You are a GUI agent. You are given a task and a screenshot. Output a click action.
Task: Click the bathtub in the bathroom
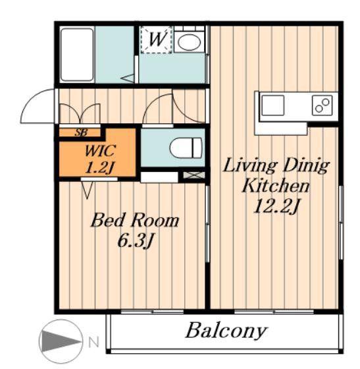[77, 55]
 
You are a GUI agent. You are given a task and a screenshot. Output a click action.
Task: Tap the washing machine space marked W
[157, 40]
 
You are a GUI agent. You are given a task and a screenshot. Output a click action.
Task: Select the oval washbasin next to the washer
[190, 42]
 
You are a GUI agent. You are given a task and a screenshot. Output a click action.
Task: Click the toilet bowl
[186, 148]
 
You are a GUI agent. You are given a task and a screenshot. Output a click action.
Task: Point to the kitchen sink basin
[273, 105]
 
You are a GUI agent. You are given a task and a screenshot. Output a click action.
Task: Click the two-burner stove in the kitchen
[322, 105]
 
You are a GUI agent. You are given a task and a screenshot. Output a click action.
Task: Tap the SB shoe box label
[81, 132]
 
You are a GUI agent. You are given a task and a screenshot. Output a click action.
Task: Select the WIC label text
[100, 151]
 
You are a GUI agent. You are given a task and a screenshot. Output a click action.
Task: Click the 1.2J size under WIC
[99, 168]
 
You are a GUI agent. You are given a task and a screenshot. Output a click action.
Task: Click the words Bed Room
[135, 220]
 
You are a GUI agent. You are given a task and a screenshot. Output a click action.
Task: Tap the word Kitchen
[275, 185]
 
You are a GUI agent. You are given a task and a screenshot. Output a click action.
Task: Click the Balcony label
[226, 331]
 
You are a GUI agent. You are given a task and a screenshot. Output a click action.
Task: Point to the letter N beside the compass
[93, 342]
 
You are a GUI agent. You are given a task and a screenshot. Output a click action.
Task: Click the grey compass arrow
[60, 341]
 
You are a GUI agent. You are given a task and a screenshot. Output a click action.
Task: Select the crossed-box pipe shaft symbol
[194, 175]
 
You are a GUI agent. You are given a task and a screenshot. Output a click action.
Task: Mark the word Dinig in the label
[305, 165]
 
